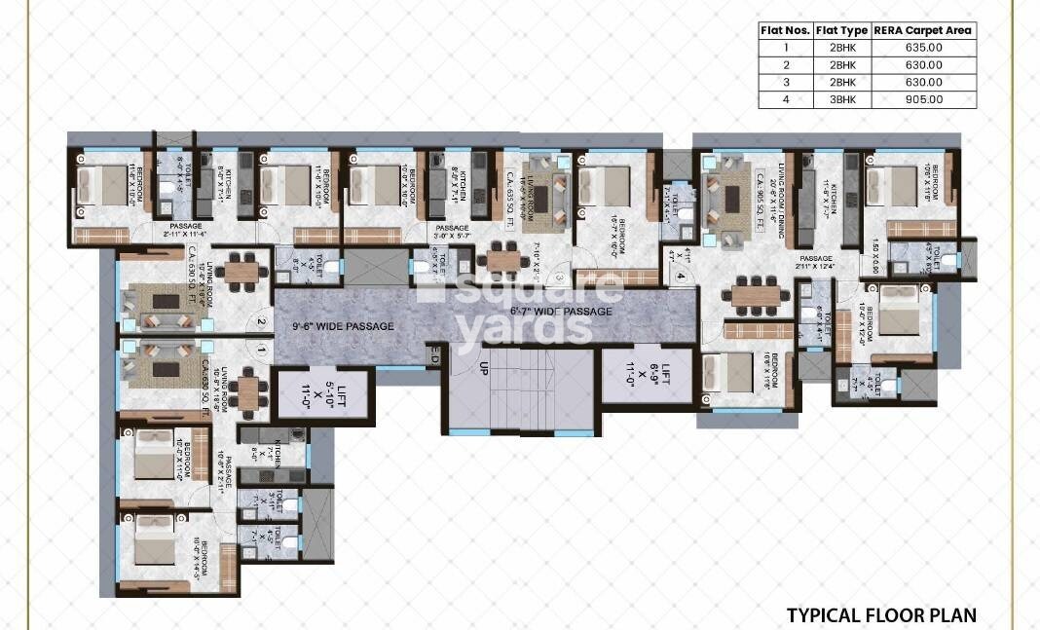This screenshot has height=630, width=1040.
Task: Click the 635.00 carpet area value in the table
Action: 922,47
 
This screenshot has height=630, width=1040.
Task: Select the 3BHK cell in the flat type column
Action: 841,98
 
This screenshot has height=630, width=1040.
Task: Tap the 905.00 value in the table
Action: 922,98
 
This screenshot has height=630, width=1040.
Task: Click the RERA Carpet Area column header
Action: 922,30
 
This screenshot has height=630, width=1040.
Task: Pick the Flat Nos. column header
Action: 785,30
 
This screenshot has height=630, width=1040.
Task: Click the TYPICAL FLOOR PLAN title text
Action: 880,614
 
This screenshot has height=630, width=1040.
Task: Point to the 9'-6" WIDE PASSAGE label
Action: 343,326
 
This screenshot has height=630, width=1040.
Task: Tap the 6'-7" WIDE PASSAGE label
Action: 561,312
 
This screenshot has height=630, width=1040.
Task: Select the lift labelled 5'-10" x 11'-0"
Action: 323,394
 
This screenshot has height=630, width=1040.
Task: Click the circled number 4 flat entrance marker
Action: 681,277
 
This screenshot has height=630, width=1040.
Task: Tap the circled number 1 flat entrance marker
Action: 261,348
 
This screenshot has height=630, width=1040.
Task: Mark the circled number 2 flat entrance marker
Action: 261,323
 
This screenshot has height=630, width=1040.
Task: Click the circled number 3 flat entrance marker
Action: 560,277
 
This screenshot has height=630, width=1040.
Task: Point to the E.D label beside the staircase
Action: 435,357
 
